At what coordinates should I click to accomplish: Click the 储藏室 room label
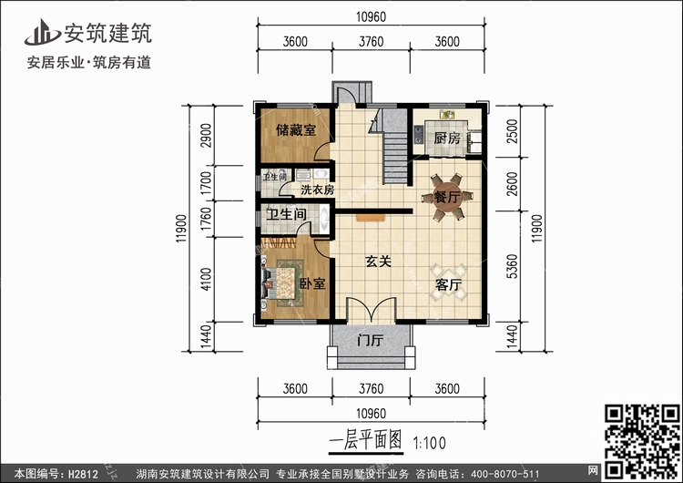(x=296, y=130)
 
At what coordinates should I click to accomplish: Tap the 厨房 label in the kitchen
(x=447, y=139)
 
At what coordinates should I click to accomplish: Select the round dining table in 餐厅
(x=447, y=198)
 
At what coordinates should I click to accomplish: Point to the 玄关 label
(x=378, y=262)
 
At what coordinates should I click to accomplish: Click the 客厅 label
(x=448, y=284)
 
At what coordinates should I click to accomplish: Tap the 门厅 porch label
(x=371, y=340)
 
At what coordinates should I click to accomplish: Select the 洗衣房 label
(x=318, y=190)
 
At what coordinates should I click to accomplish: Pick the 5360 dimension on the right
(x=513, y=266)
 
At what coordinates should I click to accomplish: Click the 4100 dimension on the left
(x=206, y=280)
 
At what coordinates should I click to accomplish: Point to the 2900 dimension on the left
(x=206, y=136)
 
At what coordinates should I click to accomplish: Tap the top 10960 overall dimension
(x=372, y=17)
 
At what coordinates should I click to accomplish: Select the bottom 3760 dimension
(x=372, y=388)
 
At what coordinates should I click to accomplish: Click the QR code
(x=642, y=441)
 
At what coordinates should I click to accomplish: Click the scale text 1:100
(x=429, y=444)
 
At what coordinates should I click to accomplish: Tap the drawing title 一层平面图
(x=365, y=440)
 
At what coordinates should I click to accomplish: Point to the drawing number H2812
(x=83, y=474)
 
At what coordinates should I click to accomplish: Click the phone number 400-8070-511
(x=498, y=474)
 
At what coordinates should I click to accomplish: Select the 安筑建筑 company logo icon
(x=41, y=33)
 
